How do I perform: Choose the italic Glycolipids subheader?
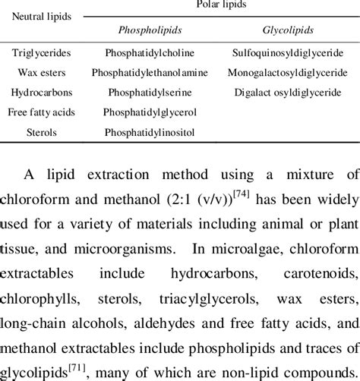[x=286, y=32]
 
